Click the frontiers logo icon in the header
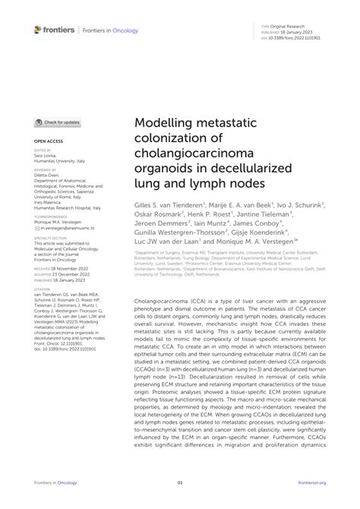38,29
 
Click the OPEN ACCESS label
46,141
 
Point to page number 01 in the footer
180,482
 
